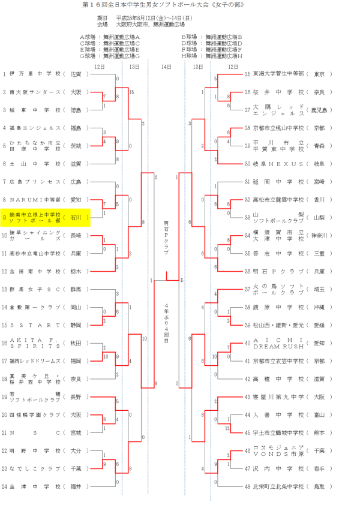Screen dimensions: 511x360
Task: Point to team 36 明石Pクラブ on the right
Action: coord(279,271)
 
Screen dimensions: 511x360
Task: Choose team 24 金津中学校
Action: coord(36,486)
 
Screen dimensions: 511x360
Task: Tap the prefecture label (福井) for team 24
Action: coord(76,486)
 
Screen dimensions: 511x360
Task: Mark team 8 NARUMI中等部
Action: coord(36,200)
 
